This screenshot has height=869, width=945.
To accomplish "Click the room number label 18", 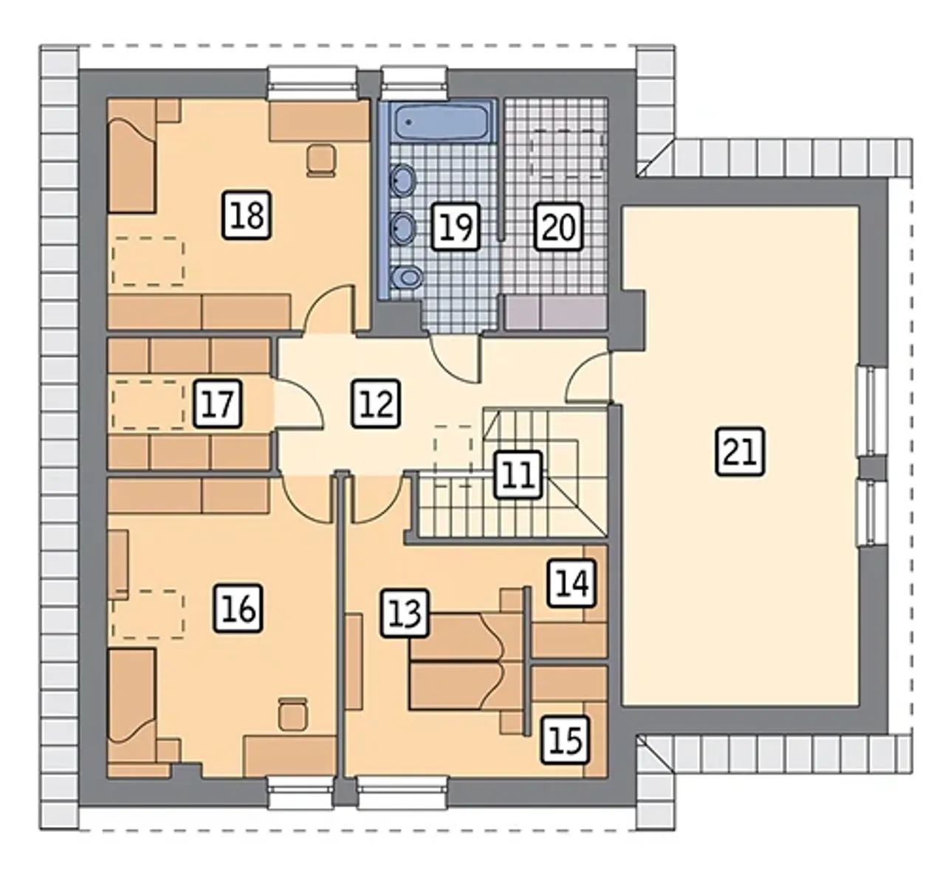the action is click(247, 215).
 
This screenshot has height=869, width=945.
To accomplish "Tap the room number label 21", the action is click(740, 451).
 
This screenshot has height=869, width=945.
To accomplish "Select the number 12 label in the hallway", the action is click(377, 404).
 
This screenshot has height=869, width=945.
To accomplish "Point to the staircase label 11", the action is click(518, 474).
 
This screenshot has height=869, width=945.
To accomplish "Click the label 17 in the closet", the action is click(218, 404).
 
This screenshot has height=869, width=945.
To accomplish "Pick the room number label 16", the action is click(238, 608).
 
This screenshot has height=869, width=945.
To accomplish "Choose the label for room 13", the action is click(405, 613).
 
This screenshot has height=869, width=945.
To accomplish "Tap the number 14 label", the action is click(571, 583).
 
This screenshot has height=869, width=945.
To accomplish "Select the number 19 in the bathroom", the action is click(456, 226).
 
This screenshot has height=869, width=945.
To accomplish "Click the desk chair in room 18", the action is click(321, 161).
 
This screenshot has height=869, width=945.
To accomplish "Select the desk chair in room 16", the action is click(293, 715).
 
